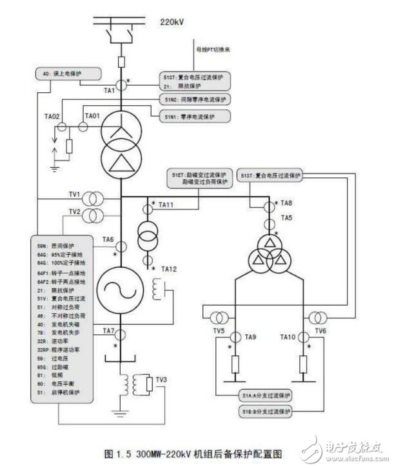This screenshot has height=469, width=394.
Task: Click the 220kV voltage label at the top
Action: tap(172, 22)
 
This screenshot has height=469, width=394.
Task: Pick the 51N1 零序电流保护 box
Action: tap(190, 116)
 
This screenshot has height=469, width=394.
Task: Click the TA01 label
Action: tap(92, 116)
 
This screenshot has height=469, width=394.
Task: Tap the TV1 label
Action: tap(75, 194)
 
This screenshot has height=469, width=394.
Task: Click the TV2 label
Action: tap(75, 211)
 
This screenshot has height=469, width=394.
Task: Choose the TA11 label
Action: tap(166, 205)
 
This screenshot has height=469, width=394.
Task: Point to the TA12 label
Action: tap(168, 268)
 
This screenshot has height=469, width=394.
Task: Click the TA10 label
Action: tap(288, 337)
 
